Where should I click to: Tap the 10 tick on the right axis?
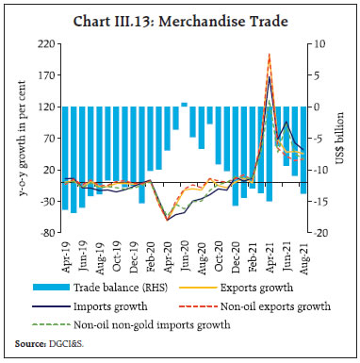pos(320,44)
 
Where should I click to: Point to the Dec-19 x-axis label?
pos(134,252)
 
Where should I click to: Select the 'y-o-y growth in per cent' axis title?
pos(15,139)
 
